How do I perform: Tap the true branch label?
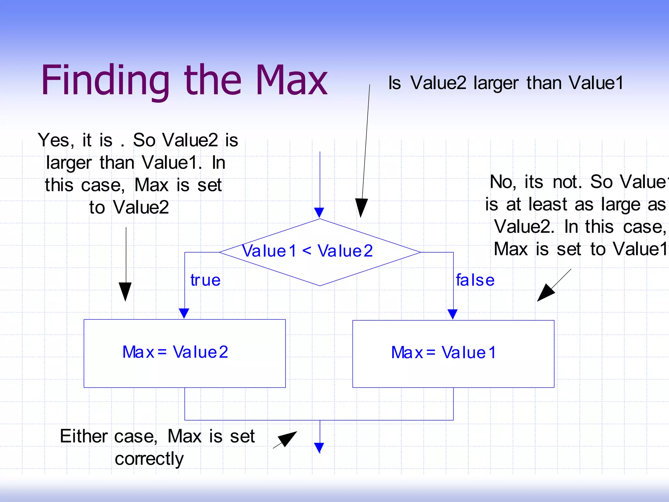tap(205, 280)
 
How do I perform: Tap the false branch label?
tap(475, 280)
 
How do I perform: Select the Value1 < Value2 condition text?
tap(307, 251)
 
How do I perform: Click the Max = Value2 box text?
tap(175, 352)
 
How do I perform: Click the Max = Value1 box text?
tap(443, 353)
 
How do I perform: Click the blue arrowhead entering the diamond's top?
tap(319, 212)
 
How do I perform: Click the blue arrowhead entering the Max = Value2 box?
tap(184, 313)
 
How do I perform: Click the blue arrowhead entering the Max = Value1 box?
tap(452, 314)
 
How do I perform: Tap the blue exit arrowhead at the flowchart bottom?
tap(319, 447)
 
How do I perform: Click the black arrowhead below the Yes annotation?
tap(125, 291)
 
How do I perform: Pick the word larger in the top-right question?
tap(496, 83)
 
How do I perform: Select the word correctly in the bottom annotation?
tap(149, 459)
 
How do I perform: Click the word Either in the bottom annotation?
tap(84, 436)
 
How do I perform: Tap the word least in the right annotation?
tap(548, 205)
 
